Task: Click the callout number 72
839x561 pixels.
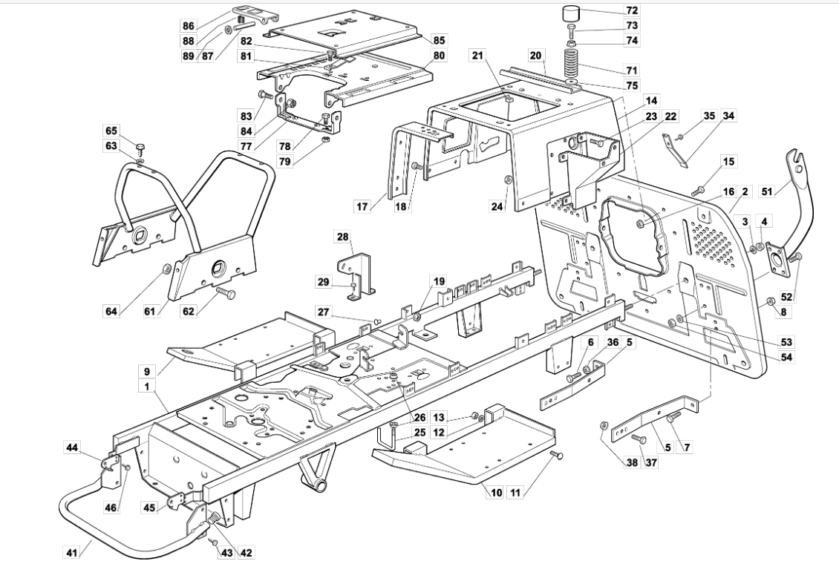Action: (x=632, y=10)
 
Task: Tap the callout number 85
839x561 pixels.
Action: (x=440, y=40)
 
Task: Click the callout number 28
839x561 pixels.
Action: (x=343, y=237)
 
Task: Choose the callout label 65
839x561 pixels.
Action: (x=111, y=131)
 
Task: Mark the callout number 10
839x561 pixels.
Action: (x=496, y=492)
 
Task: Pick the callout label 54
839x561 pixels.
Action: (x=786, y=357)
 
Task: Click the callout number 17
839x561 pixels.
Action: (x=363, y=206)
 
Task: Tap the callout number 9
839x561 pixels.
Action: (x=146, y=370)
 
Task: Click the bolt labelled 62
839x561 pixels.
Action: (x=226, y=291)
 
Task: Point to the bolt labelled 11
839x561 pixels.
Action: (x=557, y=454)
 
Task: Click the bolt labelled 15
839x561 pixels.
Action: (x=698, y=189)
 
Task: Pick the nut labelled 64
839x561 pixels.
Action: (x=166, y=267)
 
